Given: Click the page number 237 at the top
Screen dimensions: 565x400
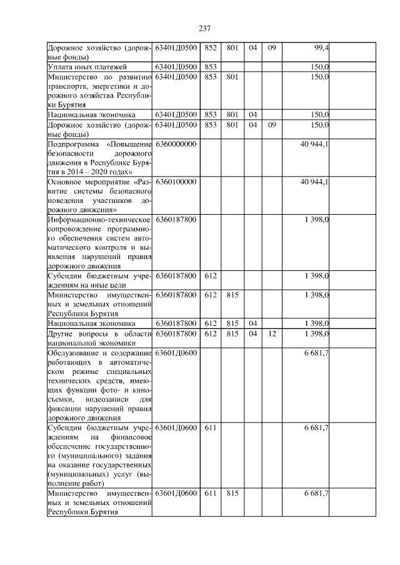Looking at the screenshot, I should pyautogui.click(x=202, y=28).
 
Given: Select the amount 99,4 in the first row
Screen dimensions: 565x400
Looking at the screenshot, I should pyautogui.click(x=321, y=47).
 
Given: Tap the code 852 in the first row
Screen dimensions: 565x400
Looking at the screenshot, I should pyautogui.click(x=210, y=47).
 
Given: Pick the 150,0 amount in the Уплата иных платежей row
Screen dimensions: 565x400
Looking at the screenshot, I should pyautogui.click(x=320, y=67).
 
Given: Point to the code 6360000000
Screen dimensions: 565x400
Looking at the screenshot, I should pyautogui.click(x=176, y=144).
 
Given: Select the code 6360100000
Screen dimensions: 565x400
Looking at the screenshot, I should pyautogui.click(x=176, y=182).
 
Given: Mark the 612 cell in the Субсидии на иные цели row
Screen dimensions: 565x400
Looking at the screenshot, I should pyautogui.click(x=210, y=275).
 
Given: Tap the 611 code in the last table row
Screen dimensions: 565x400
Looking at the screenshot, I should pyautogui.click(x=210, y=493).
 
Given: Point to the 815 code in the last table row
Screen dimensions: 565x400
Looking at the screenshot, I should pyautogui.click(x=232, y=493).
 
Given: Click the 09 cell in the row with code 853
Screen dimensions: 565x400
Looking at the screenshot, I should pyautogui.click(x=271, y=125).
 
